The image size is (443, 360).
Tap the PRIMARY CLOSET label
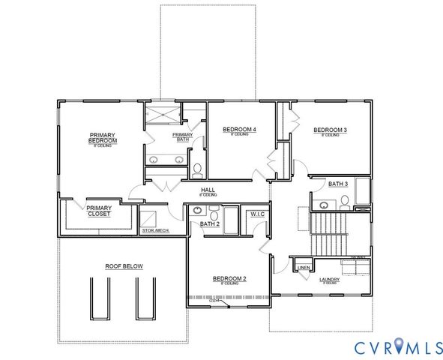coord(98,211)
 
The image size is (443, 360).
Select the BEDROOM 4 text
coord(240,130)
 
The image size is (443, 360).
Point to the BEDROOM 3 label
coord(330,130)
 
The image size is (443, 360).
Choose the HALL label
coord(208,190)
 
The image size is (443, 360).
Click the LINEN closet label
coord(304,268)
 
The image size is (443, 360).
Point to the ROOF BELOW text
coord(123,266)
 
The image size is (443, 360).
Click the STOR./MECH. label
coord(155,231)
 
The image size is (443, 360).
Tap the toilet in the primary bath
coord(196,167)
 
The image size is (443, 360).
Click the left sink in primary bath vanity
coord(154,159)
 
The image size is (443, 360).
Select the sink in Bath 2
coord(196,211)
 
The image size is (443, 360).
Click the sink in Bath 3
coord(323,204)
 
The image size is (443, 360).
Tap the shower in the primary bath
coord(163,115)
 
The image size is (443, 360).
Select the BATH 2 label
coord(209,224)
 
